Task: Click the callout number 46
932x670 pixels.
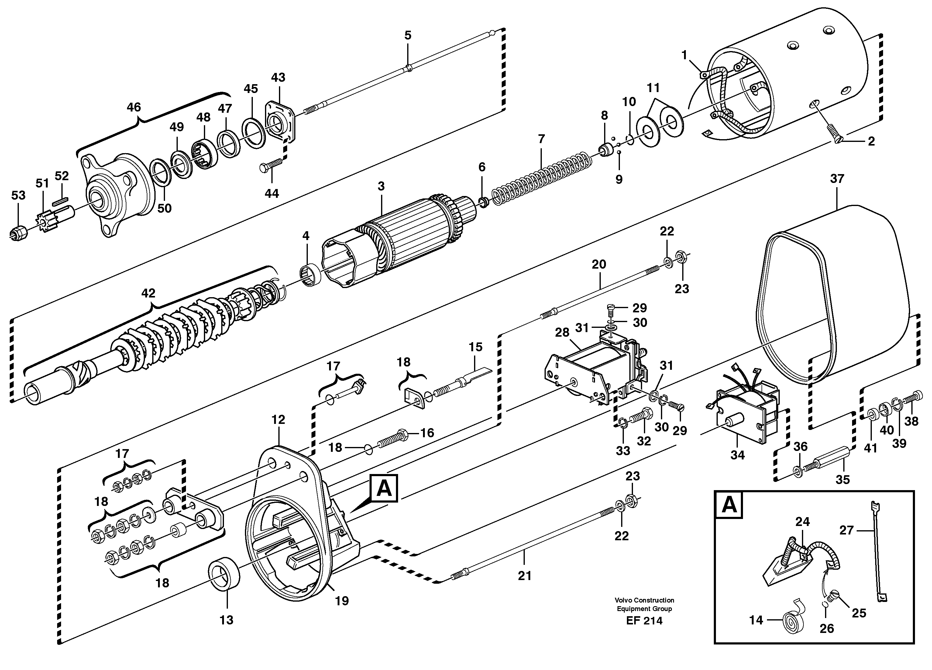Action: coord(133,108)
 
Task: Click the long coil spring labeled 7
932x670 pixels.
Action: coord(542,179)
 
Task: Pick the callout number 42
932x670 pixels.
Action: coord(148,293)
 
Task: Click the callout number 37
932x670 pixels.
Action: coord(837,179)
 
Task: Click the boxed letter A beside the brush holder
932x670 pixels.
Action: coord(383,488)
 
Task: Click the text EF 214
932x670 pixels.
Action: coord(644,621)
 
